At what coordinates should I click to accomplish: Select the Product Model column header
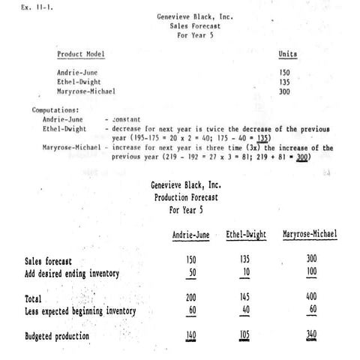pyautogui.click(x=81, y=54)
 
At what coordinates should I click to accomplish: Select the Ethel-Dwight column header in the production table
pyautogui.click(x=246, y=235)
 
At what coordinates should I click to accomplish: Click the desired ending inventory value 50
pyautogui.click(x=192, y=272)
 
